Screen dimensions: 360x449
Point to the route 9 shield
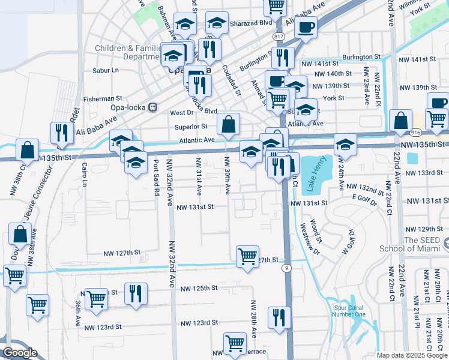point(288,268)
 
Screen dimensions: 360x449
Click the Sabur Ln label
point(106,70)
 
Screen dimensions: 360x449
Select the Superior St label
point(191,127)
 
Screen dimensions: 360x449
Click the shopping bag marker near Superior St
point(229,125)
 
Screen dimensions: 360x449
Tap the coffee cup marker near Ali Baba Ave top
point(306,28)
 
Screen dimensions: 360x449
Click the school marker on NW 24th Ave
point(345,145)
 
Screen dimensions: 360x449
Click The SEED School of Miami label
point(414,244)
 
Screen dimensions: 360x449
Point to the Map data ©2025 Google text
point(412,355)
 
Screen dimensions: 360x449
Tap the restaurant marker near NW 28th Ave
point(279,318)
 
